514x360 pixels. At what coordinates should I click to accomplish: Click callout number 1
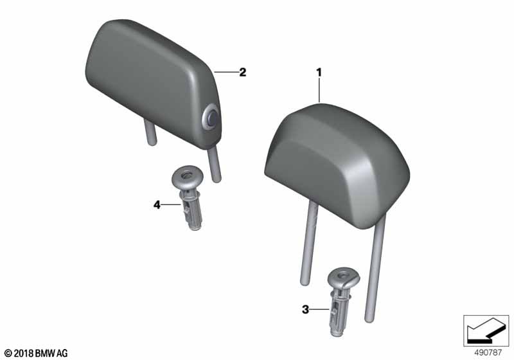click(x=319, y=73)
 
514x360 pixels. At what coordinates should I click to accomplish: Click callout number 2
click(x=243, y=72)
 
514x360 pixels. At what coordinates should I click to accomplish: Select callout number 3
click(x=305, y=309)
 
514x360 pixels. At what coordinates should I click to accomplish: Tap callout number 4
click(x=157, y=205)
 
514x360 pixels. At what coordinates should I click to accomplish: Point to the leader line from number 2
click(x=226, y=72)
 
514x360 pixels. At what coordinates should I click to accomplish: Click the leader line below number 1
click(x=319, y=91)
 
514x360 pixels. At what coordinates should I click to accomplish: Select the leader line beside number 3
click(x=319, y=309)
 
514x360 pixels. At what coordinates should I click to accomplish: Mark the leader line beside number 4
click(x=171, y=205)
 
